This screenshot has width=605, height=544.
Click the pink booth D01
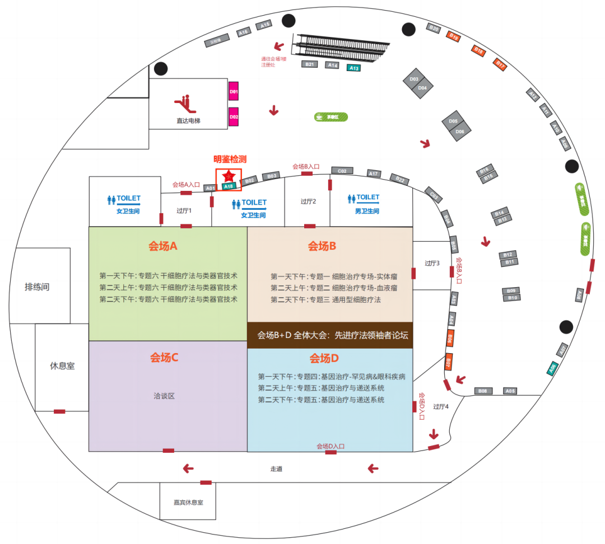(x=234, y=91)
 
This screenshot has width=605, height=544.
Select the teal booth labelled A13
(x=353, y=68)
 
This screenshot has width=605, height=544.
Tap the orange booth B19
(x=454, y=37)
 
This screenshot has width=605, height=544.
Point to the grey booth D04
(x=423, y=88)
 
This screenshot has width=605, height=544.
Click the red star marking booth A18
(x=229, y=176)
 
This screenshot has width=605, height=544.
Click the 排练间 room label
(x=37, y=287)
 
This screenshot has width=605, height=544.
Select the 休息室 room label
(x=62, y=366)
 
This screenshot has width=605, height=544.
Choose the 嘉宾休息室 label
(x=188, y=502)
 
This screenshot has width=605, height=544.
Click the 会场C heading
(x=164, y=358)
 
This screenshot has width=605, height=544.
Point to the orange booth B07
(x=448, y=362)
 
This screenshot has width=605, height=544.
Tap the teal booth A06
(x=552, y=368)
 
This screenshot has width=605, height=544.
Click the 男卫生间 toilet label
(x=365, y=211)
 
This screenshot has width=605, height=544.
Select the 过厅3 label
(x=432, y=263)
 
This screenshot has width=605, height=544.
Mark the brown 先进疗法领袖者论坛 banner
(x=330, y=335)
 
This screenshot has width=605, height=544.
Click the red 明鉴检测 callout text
(x=230, y=159)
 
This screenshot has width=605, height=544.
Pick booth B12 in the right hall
(x=508, y=255)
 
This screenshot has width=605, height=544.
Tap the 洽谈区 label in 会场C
(x=164, y=396)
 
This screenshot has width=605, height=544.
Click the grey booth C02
(x=342, y=170)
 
